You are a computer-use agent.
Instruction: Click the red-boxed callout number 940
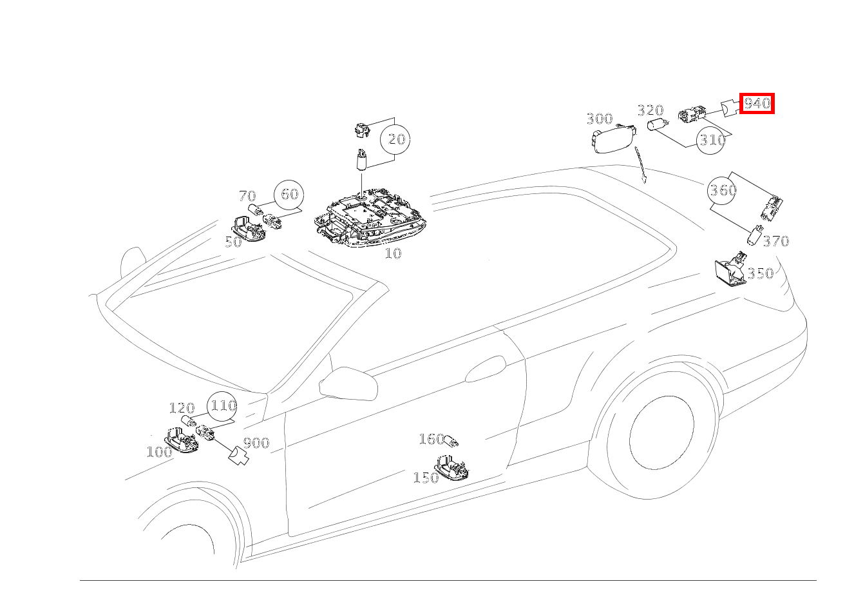tap(757, 103)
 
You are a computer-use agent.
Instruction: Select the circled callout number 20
tap(395, 139)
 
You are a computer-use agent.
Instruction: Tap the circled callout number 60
tap(289, 194)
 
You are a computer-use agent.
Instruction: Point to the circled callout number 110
tap(222, 405)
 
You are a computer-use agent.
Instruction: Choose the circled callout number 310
tap(710, 140)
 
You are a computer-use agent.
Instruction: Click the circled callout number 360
tap(722, 190)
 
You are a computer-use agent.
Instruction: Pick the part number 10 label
tap(393, 253)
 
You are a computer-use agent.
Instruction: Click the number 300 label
tap(600, 119)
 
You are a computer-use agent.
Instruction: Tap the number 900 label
tap(256, 443)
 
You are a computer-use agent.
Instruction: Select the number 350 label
tap(761, 273)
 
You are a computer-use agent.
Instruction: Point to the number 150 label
tap(426, 478)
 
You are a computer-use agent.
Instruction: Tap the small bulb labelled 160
tap(451, 442)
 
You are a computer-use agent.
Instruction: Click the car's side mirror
tap(348, 384)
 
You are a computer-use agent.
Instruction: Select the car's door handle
tap(486, 368)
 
